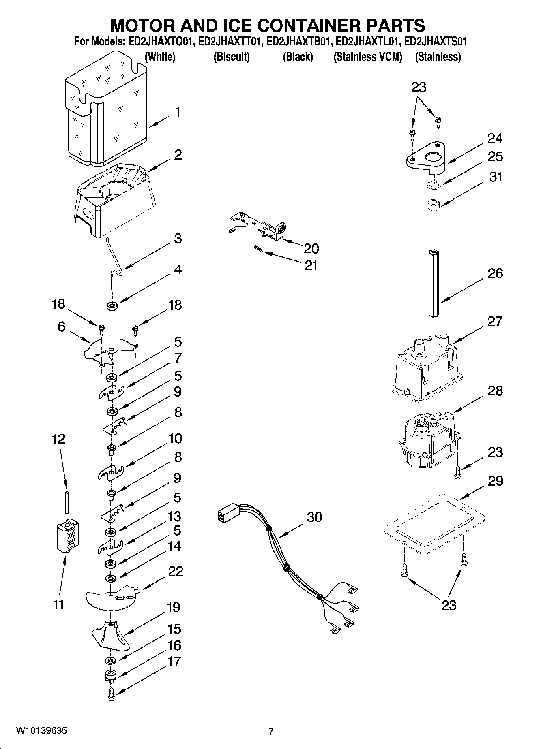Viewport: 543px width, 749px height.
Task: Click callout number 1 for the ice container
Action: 178,112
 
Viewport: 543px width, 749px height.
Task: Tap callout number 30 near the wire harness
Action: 314,517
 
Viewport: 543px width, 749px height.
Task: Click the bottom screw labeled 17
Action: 112,695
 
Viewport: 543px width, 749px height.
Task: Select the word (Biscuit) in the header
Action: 232,57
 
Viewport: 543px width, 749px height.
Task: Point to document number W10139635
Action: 41,731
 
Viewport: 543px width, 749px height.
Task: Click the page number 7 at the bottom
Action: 271,731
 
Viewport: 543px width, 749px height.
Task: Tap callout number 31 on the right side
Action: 496,177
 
